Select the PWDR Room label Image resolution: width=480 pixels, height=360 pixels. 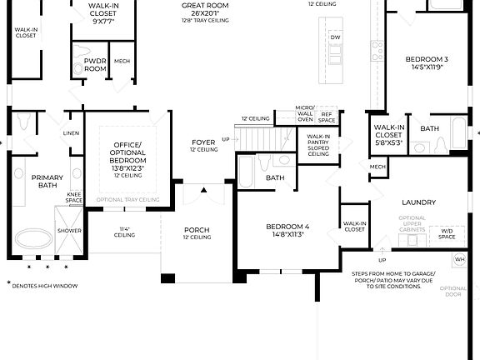click(96, 65)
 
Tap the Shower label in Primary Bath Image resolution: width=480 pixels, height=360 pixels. click(68, 231)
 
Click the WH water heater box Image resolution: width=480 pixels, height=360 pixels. click(459, 260)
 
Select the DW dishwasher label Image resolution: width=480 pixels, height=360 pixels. click(335, 37)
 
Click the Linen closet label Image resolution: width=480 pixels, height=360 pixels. click(71, 133)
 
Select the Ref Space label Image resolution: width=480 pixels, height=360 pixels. click(327, 116)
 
